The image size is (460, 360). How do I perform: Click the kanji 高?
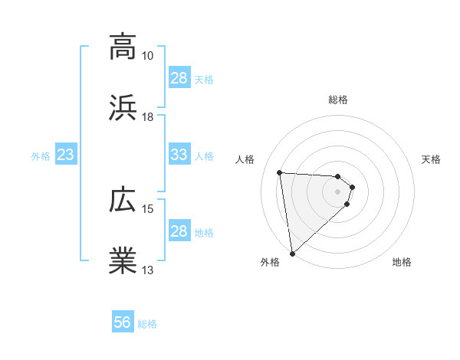(123, 47)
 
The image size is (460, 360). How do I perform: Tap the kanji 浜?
(123, 108)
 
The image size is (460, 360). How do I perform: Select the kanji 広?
(123, 200)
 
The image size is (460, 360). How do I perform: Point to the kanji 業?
(123, 261)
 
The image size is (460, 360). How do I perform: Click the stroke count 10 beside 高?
(148, 56)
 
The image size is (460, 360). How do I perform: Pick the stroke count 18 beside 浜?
(148, 117)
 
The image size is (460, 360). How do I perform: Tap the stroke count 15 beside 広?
(148, 209)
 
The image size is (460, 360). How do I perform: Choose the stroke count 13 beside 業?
(148, 270)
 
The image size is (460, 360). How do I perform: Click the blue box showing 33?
(179, 155)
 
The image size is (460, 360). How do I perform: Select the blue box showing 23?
(66, 155)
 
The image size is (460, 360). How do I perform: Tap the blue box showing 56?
(122, 323)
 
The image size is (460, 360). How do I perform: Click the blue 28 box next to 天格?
(179, 78)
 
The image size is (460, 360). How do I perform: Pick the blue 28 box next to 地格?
(179, 231)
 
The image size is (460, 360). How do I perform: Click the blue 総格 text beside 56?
(147, 324)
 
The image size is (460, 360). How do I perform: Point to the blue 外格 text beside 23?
(41, 156)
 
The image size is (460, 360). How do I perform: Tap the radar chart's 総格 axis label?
(338, 100)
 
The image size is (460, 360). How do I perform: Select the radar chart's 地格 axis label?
(402, 262)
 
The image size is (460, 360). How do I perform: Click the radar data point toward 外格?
(291, 254)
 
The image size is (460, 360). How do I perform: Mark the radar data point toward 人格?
(280, 172)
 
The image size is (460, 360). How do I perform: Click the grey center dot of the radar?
(338, 191)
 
